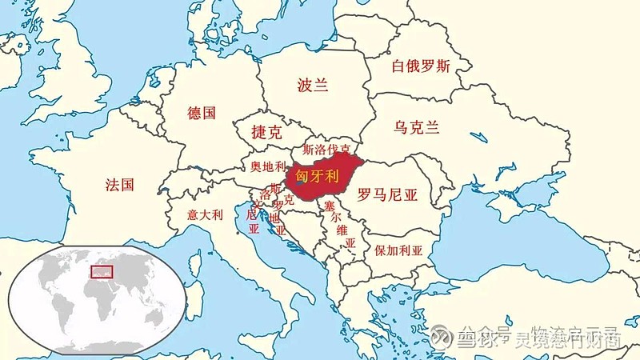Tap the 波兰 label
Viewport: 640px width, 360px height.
[x=313, y=84]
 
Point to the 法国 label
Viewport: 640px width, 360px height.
[x=119, y=186]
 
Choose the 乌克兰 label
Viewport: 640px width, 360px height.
[x=417, y=126]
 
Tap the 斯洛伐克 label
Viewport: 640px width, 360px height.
[x=326, y=150]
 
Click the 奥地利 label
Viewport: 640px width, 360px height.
[x=267, y=166]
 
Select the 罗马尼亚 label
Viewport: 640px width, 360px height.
[x=387, y=194]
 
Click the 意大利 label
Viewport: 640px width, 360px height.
[x=205, y=214]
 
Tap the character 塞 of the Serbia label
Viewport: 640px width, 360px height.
[x=329, y=206]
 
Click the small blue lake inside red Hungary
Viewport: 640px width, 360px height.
[x=298, y=184]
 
